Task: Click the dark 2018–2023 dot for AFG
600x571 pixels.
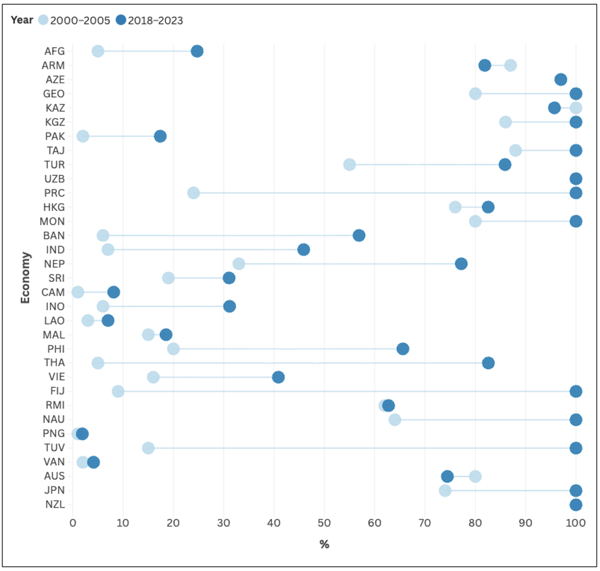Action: point(197,51)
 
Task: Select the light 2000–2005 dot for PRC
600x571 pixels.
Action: point(193,193)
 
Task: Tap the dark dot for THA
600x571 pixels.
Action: point(488,363)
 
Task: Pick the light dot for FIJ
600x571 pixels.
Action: point(118,391)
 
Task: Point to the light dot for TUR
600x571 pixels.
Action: point(349,165)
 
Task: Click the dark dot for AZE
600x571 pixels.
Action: point(561,79)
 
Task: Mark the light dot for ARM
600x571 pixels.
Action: point(510,65)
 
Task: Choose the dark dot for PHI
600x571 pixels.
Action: point(403,349)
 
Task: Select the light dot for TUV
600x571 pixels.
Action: point(148,448)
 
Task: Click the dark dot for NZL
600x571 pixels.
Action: point(576,505)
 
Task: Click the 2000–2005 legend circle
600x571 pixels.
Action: point(43,20)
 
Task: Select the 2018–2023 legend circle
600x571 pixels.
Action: point(121,20)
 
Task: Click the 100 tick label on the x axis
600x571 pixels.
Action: point(576,523)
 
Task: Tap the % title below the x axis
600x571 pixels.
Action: point(324,544)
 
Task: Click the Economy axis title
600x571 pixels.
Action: point(25,278)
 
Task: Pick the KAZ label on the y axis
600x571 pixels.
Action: point(55,108)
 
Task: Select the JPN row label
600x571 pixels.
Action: point(54,490)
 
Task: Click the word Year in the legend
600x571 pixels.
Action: point(22,20)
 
